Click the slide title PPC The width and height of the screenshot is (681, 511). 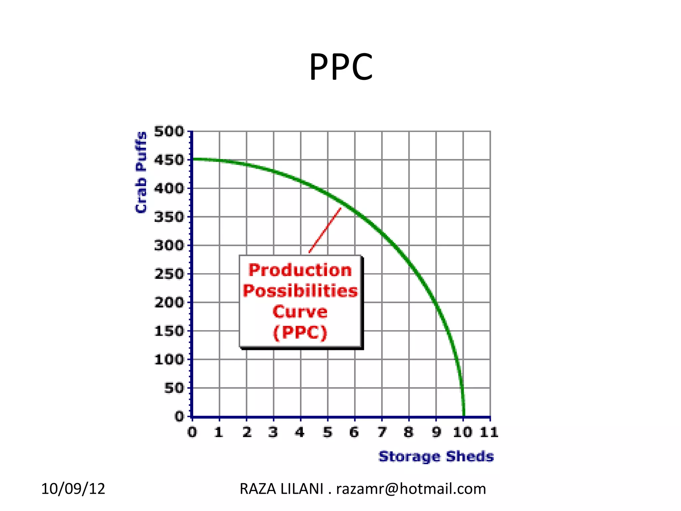[x=341, y=68]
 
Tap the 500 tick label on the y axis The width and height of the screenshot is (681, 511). [x=169, y=131]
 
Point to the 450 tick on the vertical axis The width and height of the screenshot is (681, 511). [x=169, y=160]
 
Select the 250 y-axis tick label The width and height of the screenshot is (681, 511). [x=169, y=274]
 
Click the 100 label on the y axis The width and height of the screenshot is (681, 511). [x=169, y=360]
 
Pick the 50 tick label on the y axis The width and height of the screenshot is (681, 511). [x=174, y=388]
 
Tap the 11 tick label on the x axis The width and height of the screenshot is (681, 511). [x=489, y=432]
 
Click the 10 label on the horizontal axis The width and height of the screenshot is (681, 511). [x=463, y=432]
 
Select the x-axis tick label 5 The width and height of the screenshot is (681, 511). [x=328, y=432]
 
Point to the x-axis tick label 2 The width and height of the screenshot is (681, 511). [x=247, y=432]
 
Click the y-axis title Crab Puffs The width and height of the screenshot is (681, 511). [x=141, y=172]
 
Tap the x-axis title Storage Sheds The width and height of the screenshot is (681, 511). [x=436, y=456]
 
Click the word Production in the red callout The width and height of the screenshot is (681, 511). [x=300, y=270]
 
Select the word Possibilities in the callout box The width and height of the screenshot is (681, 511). [x=300, y=291]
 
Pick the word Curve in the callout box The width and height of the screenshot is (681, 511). [x=300, y=312]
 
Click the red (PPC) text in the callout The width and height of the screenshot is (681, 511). [x=300, y=332]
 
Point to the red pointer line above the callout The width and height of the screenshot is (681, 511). [x=325, y=231]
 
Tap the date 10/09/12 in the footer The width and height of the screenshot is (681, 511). [x=73, y=489]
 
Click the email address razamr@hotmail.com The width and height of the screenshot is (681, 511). [x=411, y=489]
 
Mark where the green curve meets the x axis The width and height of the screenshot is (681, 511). [x=464, y=416]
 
